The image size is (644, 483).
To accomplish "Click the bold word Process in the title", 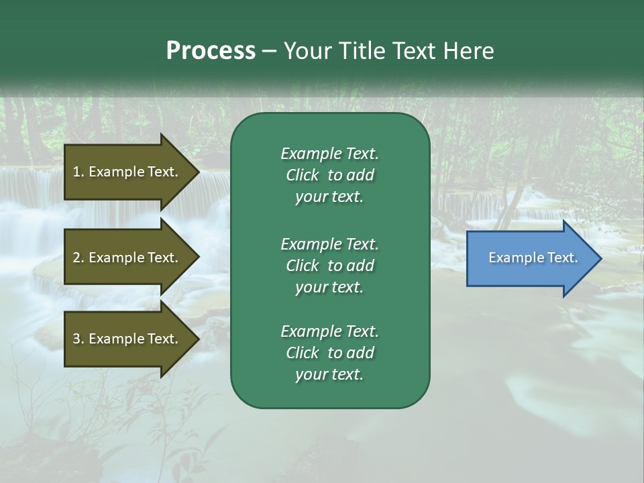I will point(211,51).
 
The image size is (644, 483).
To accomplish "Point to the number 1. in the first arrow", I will point(78,172).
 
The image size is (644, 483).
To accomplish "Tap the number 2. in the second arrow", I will point(78,258).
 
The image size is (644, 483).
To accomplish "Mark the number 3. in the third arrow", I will point(78,339).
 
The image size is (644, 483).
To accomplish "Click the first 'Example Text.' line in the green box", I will point(329,154).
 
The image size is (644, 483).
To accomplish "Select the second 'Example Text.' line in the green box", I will point(329,244).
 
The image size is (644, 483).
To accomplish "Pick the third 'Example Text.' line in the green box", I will point(329,331).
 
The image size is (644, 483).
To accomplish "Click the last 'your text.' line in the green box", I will point(329,375).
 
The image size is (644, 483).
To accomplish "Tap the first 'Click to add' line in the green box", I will point(329,175).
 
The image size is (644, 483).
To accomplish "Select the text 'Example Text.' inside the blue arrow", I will point(533,258).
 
